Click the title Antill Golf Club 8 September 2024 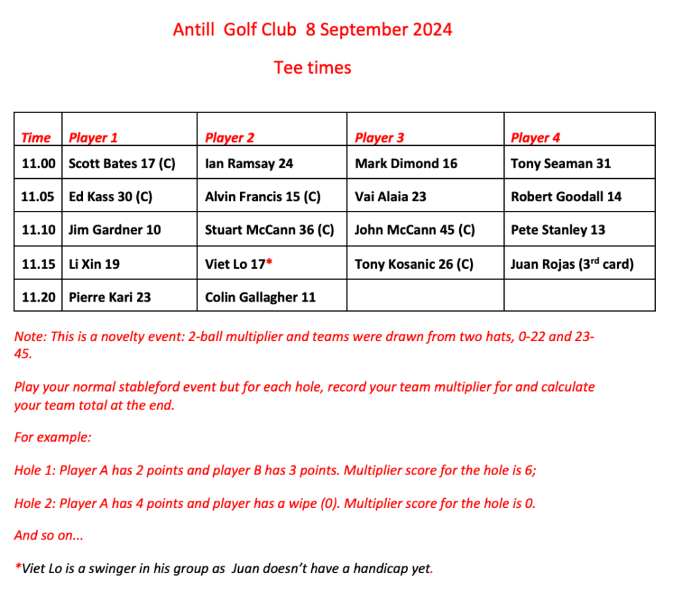click(x=312, y=30)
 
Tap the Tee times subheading click(x=312, y=68)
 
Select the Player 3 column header click(x=379, y=137)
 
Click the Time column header click(x=36, y=137)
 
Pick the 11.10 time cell click(x=38, y=230)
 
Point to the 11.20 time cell click(x=38, y=297)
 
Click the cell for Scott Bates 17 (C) click(x=122, y=164)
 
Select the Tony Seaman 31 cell click(x=561, y=164)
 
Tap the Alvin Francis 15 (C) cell click(x=262, y=196)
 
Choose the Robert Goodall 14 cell click(x=566, y=196)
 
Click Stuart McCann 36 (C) click(x=269, y=230)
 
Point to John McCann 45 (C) click(x=414, y=230)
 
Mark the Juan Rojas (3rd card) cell click(x=572, y=264)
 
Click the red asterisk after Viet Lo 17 click(x=268, y=262)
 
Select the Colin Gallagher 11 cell click(x=260, y=297)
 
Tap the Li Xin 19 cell click(x=94, y=264)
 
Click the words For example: click(x=53, y=438)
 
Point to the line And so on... click(x=49, y=535)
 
